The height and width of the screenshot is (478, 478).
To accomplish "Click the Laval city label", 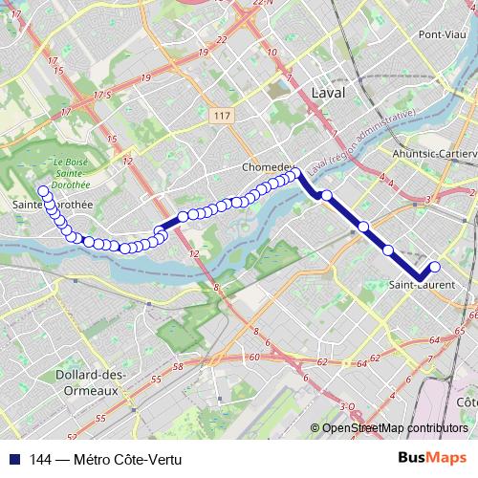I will coord(328,92).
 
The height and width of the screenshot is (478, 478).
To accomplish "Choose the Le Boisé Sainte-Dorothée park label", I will coord(72,174).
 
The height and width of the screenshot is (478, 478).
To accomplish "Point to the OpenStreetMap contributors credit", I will coord(395,429).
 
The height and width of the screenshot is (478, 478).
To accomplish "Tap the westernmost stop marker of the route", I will coord(43,191).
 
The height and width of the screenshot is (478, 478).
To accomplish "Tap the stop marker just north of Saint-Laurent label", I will coord(389,250).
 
